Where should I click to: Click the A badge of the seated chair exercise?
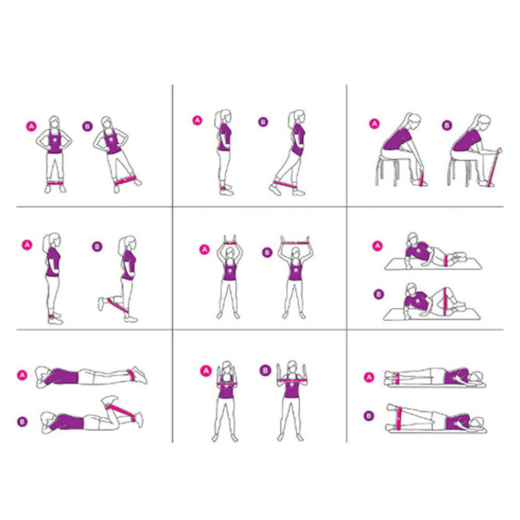[x=374, y=124]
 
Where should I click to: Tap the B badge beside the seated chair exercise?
[x=447, y=126]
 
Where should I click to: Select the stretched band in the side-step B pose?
[x=126, y=181]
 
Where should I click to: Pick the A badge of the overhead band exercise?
[x=204, y=250]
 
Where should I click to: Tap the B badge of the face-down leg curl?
[x=22, y=421]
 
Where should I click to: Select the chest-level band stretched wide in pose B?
[x=291, y=380]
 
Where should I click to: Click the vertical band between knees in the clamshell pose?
[x=444, y=302]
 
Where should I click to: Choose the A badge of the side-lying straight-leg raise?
[x=369, y=377]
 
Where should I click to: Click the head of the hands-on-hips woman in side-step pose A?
[x=54, y=122]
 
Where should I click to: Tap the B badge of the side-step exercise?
[x=87, y=126]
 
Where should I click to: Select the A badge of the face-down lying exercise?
[x=22, y=375]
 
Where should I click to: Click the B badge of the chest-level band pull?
[x=265, y=371]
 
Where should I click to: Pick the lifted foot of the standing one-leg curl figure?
[x=101, y=304]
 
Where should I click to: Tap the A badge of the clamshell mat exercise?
[x=377, y=246]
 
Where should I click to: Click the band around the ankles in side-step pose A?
[x=54, y=183]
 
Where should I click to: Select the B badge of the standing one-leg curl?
[x=97, y=247]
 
